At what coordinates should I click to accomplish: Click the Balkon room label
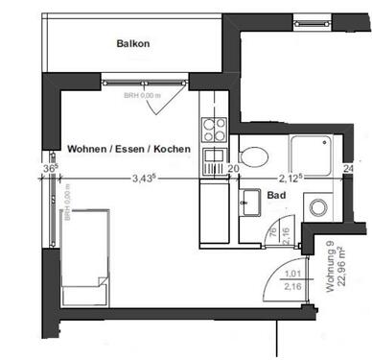[133, 43]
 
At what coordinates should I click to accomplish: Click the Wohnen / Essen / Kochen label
[128, 151]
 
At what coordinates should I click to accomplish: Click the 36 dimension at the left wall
[49, 168]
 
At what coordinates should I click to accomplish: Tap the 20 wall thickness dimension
[233, 168]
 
